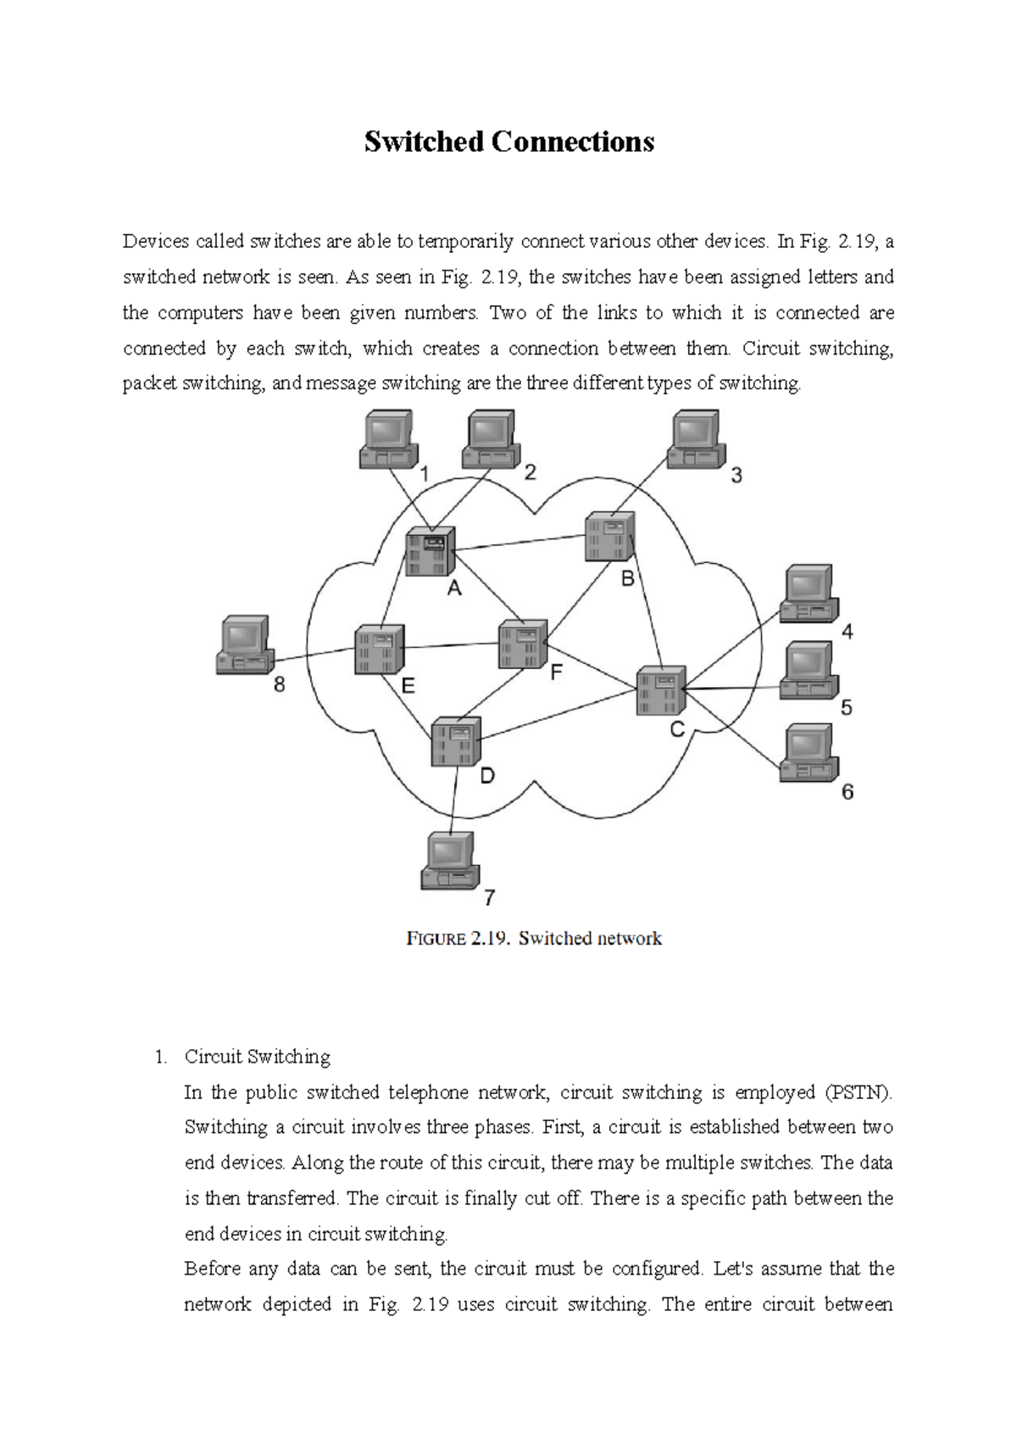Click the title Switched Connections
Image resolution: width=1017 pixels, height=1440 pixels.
(x=508, y=142)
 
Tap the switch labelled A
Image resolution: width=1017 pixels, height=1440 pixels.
(x=430, y=551)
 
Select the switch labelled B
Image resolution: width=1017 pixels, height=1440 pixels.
(x=609, y=536)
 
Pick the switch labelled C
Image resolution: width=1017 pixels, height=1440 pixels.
(x=660, y=690)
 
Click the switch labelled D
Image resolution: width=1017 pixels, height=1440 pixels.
(x=456, y=741)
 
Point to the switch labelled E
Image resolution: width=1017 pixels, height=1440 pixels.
(x=379, y=650)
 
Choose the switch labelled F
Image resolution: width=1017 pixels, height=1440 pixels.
(x=522, y=644)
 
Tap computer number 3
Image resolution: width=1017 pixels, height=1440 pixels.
(x=696, y=439)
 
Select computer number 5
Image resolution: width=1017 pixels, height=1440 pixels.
(x=809, y=670)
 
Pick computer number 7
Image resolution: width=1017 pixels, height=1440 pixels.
(x=449, y=860)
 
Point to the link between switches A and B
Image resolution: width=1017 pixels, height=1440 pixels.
(x=520, y=543)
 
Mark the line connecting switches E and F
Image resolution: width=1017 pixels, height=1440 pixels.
(x=451, y=646)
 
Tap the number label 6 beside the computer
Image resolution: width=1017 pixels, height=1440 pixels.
(x=847, y=792)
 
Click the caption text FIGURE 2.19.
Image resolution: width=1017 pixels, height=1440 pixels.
(x=458, y=939)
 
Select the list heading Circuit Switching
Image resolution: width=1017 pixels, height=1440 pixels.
(x=257, y=1057)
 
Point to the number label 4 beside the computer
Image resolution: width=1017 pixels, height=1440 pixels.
(x=847, y=632)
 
